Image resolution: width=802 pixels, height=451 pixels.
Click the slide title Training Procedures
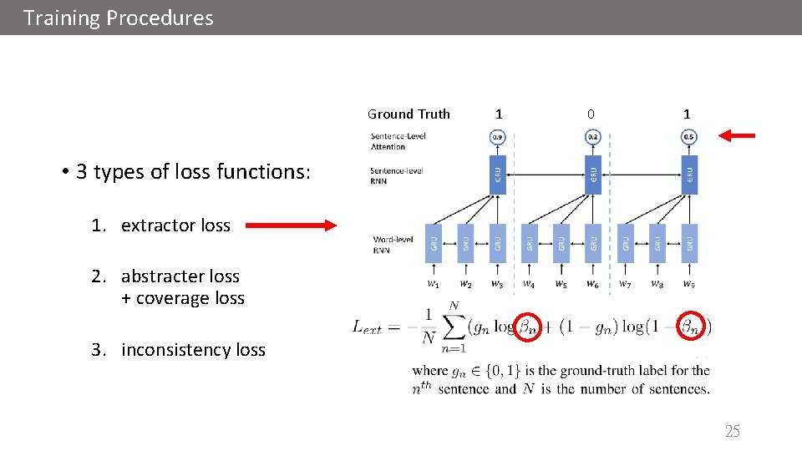(x=119, y=18)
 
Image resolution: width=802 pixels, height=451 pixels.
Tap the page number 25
(x=732, y=431)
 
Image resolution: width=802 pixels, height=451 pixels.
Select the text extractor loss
(x=175, y=225)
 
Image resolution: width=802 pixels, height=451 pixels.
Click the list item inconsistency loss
(x=193, y=350)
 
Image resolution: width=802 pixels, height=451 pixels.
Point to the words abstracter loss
(x=180, y=276)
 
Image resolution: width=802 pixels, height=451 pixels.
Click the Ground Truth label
(x=409, y=114)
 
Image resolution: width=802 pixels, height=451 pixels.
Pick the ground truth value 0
(x=591, y=114)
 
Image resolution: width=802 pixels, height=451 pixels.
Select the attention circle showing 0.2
(x=592, y=136)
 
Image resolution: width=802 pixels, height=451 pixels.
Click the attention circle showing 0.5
(x=688, y=136)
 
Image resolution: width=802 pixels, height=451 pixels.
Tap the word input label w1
(x=434, y=284)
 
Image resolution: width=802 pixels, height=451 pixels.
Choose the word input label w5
(x=561, y=284)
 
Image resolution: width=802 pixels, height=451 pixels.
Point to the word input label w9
(x=688, y=284)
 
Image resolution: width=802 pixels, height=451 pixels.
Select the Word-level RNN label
(x=393, y=245)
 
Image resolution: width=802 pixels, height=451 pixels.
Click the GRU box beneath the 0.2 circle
(x=592, y=174)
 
